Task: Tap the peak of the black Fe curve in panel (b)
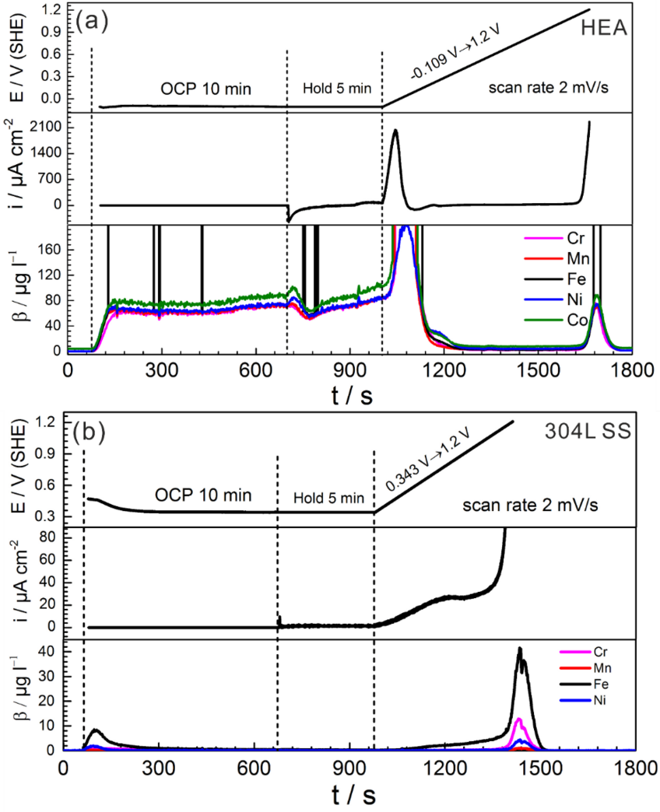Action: click(x=519, y=649)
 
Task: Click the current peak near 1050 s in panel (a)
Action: click(x=396, y=131)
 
